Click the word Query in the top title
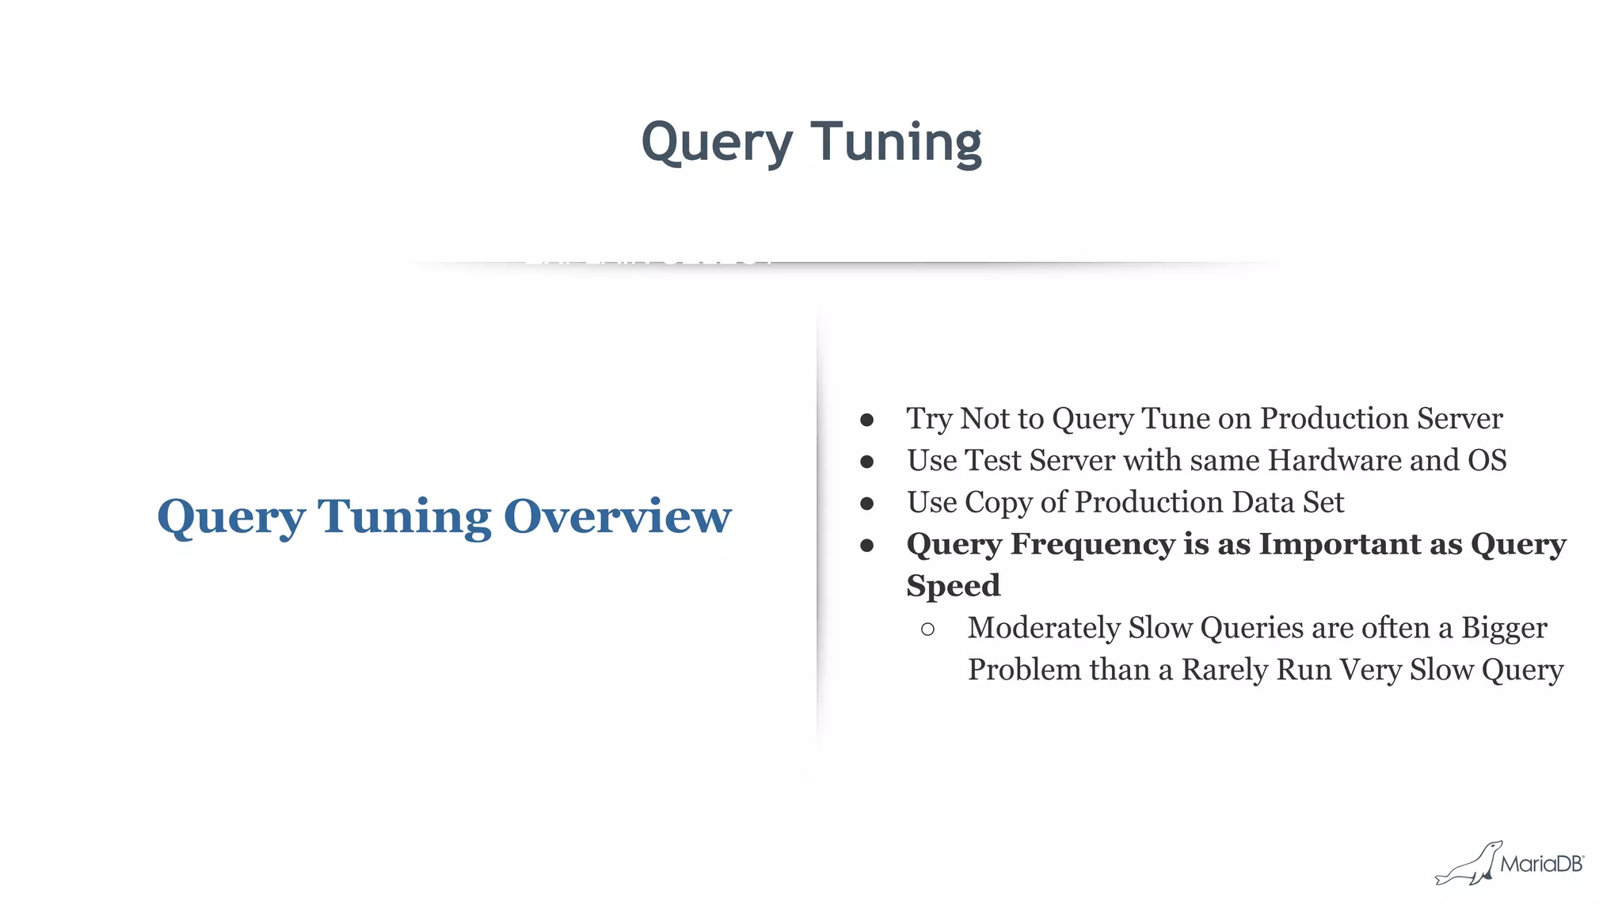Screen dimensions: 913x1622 (716, 143)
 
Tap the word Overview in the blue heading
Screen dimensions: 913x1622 (617, 516)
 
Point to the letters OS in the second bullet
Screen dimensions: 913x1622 (1487, 460)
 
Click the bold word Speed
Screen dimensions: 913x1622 (954, 586)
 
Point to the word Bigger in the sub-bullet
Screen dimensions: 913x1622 (1503, 628)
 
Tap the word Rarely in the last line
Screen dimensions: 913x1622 (1224, 670)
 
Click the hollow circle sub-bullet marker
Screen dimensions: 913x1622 (928, 630)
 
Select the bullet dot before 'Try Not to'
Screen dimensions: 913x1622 (867, 420)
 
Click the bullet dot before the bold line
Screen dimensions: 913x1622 (867, 546)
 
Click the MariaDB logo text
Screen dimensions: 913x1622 (1541, 864)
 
